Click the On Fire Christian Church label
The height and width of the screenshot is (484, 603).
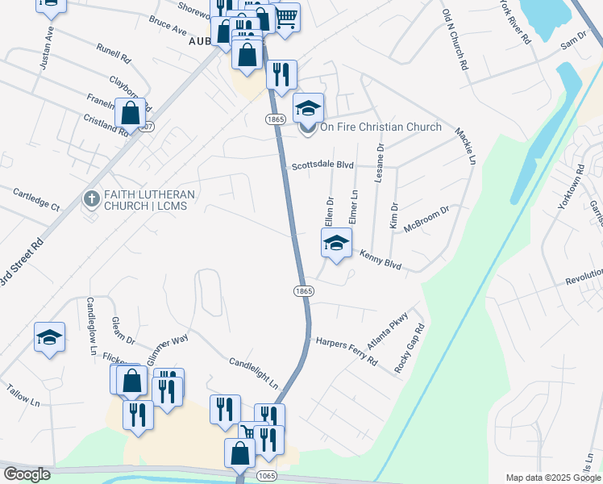tap(381, 127)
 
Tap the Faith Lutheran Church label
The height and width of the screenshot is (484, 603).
tap(149, 200)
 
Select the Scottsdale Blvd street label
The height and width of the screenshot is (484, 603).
tap(323, 165)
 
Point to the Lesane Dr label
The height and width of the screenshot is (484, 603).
tap(380, 165)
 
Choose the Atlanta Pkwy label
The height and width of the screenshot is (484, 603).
tap(388, 330)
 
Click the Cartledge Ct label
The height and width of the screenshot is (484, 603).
tap(37, 199)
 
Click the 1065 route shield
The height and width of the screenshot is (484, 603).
tap(267, 477)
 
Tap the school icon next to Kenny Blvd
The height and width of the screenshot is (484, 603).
tap(337, 242)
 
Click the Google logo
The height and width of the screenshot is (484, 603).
tap(27, 474)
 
